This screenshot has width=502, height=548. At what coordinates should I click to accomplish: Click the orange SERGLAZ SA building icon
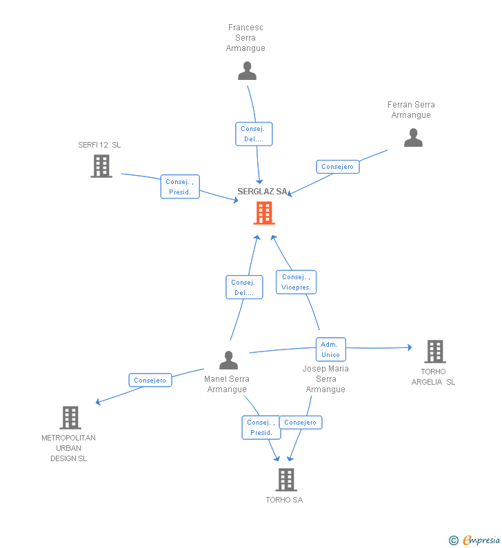pos(264,213)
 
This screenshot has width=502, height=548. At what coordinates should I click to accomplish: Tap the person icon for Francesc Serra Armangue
pos(247,70)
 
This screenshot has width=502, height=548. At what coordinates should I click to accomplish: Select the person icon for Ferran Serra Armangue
pos(413,138)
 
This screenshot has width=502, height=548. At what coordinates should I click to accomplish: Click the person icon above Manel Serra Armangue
pos(228,360)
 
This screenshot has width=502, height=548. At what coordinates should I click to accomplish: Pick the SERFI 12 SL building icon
pos(101,165)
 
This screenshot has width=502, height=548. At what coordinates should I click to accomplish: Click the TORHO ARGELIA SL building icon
pos(434,352)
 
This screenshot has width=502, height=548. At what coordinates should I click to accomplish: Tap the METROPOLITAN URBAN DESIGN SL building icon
pos(70,418)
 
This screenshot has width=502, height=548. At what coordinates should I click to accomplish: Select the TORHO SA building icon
pos(285,480)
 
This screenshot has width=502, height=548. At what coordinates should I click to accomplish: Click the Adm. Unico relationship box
pos(330,349)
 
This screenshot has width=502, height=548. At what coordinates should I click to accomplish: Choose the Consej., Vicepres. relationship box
pos(297,282)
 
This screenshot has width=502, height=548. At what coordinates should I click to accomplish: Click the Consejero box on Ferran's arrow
pos(338,167)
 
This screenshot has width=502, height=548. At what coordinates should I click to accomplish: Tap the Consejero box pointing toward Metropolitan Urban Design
pos(150,380)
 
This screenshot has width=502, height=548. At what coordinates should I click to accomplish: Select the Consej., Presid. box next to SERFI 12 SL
pos(180,187)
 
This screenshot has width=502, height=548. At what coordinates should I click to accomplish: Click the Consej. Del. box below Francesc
pos(254,134)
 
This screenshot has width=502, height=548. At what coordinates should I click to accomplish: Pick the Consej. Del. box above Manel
pos(244,287)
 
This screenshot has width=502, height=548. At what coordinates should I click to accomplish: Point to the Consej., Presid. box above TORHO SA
pos(261,427)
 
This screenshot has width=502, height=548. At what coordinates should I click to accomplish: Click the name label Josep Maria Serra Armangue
pos(325,378)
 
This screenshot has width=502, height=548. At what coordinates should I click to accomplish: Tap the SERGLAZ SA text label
pos(262,192)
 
